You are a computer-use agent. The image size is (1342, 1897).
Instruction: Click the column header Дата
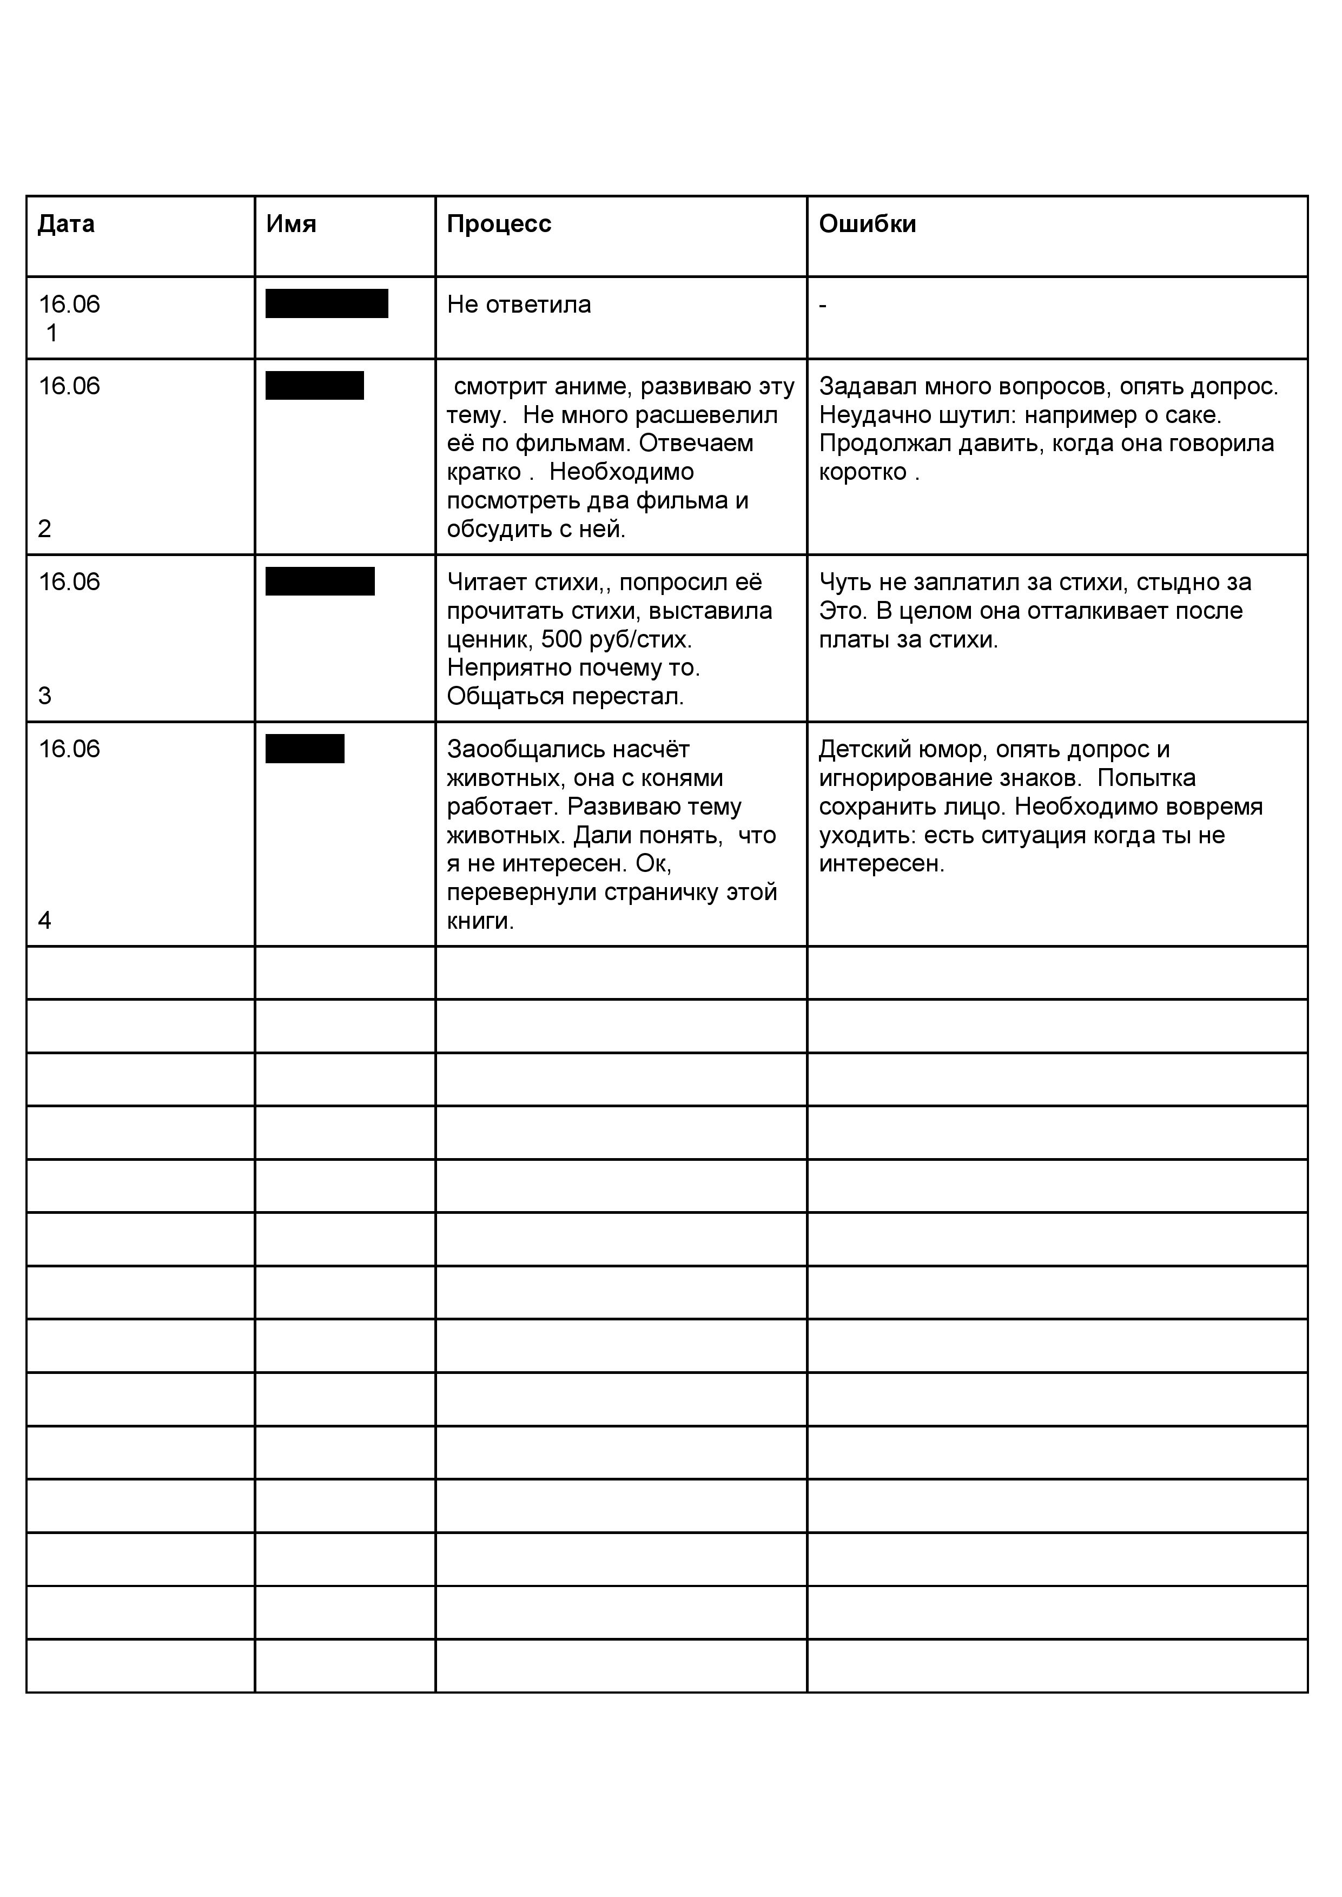66,224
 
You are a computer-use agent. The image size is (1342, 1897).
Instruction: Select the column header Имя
291,224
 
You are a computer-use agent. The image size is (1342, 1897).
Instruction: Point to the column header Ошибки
867,224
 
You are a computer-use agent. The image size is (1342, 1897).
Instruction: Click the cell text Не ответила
519,305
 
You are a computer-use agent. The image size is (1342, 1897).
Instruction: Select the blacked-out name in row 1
326,304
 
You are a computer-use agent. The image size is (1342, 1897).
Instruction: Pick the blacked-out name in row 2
314,386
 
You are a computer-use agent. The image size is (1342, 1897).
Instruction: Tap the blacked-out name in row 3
320,581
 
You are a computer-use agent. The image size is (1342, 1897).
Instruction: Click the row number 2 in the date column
44,529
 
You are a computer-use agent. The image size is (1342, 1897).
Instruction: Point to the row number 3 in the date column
44,696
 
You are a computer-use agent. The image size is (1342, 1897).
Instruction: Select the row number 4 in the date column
44,921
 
